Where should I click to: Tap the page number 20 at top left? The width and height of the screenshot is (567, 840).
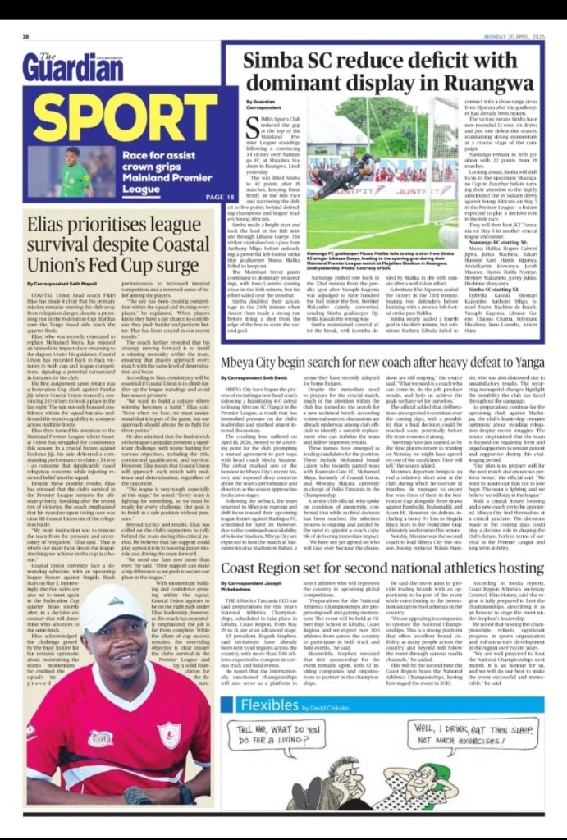tap(26, 36)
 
